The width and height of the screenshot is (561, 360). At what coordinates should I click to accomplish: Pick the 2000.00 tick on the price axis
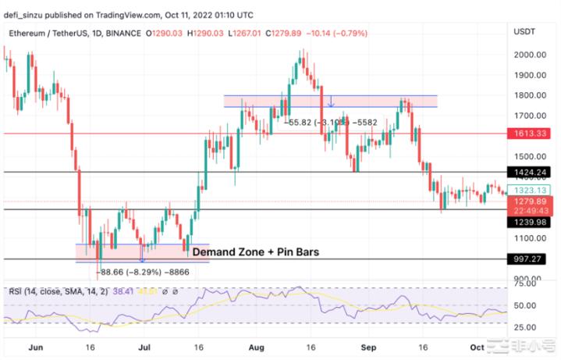click(x=529, y=55)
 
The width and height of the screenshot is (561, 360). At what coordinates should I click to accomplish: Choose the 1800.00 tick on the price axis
click(x=529, y=95)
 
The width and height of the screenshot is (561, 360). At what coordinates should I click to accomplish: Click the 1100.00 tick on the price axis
click(x=529, y=238)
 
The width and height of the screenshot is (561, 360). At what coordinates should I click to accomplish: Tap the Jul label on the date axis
click(x=144, y=344)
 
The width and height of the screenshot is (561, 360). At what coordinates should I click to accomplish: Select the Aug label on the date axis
click(x=257, y=344)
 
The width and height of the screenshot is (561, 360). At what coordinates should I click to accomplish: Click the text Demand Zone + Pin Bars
click(x=255, y=252)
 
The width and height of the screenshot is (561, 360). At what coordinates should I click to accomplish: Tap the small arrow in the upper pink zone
click(x=331, y=102)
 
